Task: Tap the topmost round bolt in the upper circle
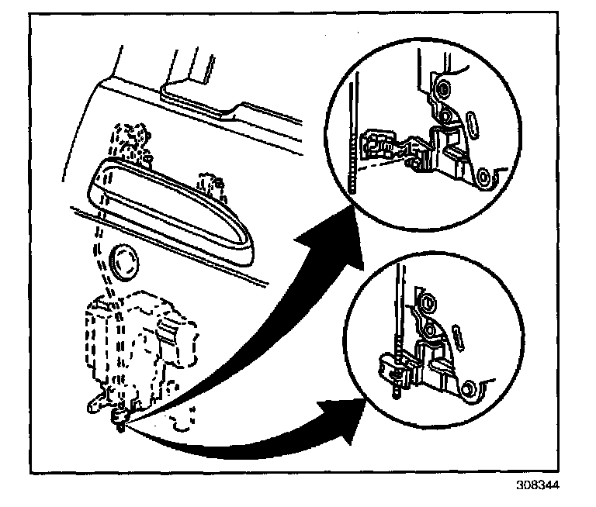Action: pos(442,90)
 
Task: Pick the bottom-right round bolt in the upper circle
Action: pos(485,178)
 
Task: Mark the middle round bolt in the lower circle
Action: pos(426,330)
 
